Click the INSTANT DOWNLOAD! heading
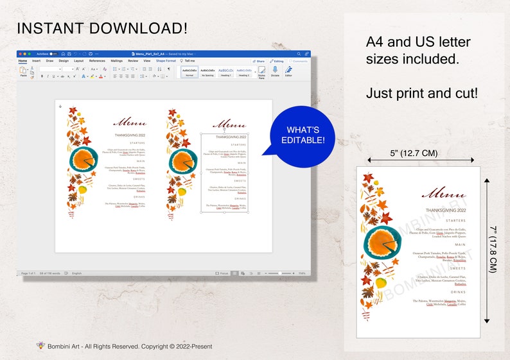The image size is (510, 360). coord(102,28)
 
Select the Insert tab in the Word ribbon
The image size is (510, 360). coord(37,61)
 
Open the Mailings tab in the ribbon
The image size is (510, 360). coord(116,61)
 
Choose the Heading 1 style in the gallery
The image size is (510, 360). coord(225,71)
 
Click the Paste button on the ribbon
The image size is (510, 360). coord(24,71)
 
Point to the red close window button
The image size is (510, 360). coord(21,54)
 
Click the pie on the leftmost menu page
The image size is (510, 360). coord(84,159)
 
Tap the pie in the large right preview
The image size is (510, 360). coord(386,244)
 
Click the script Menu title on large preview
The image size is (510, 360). coord(444,193)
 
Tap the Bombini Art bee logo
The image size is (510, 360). coord(40,346)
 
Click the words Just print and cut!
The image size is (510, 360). coord(421,93)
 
